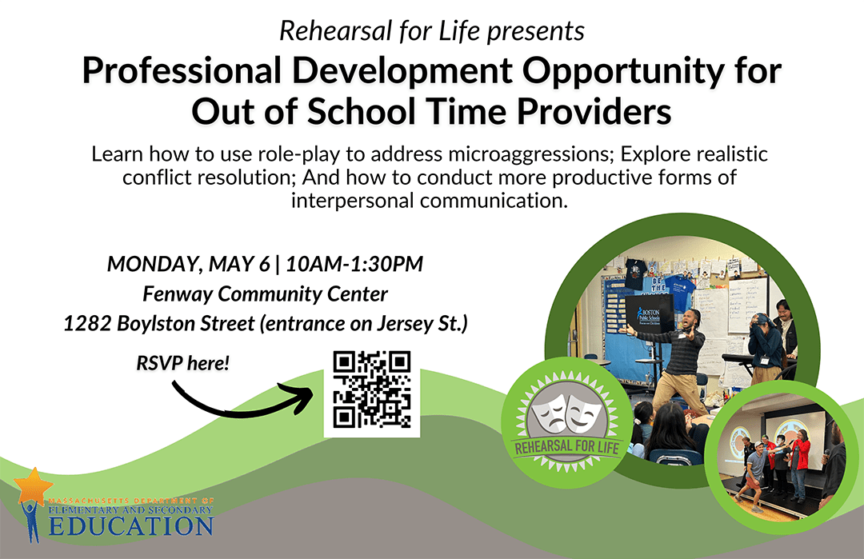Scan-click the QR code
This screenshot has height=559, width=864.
(372, 389)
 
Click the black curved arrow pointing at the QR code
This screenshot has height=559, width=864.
(242, 408)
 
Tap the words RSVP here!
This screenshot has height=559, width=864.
(183, 364)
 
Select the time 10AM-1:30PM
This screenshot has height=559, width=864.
(354, 265)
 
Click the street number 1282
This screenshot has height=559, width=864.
(88, 323)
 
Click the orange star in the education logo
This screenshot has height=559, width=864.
(33, 485)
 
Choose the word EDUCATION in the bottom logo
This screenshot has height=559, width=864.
(130, 526)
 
